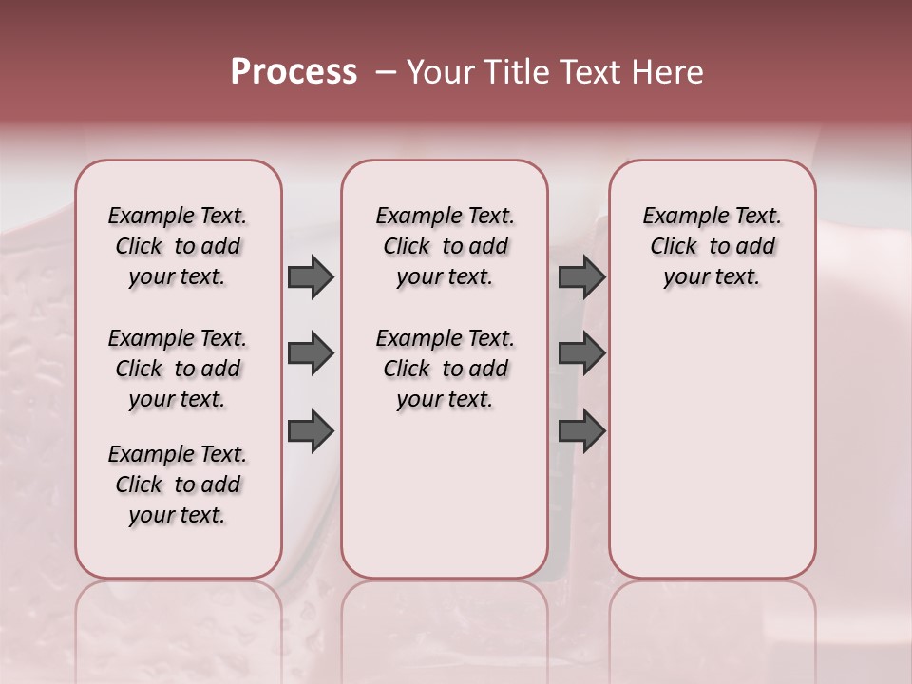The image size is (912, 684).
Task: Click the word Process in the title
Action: (x=294, y=72)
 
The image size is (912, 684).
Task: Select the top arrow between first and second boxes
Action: (x=311, y=277)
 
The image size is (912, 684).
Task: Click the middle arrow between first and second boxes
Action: (x=311, y=354)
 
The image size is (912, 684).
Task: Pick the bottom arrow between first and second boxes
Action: (x=311, y=430)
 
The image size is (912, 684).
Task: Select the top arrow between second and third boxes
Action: (x=581, y=277)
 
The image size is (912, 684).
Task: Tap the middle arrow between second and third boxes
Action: (x=581, y=354)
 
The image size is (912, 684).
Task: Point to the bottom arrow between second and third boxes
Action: (x=581, y=430)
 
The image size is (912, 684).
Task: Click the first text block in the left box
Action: (x=178, y=246)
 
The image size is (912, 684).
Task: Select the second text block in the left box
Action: (x=178, y=369)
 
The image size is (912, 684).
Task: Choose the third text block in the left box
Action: (x=178, y=484)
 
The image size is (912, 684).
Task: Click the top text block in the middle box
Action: (x=445, y=246)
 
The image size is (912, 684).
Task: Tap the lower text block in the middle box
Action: (x=445, y=369)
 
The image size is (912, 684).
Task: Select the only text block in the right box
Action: (x=712, y=246)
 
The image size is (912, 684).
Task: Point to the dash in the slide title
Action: (x=386, y=72)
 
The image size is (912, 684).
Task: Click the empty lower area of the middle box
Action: (x=445, y=494)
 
